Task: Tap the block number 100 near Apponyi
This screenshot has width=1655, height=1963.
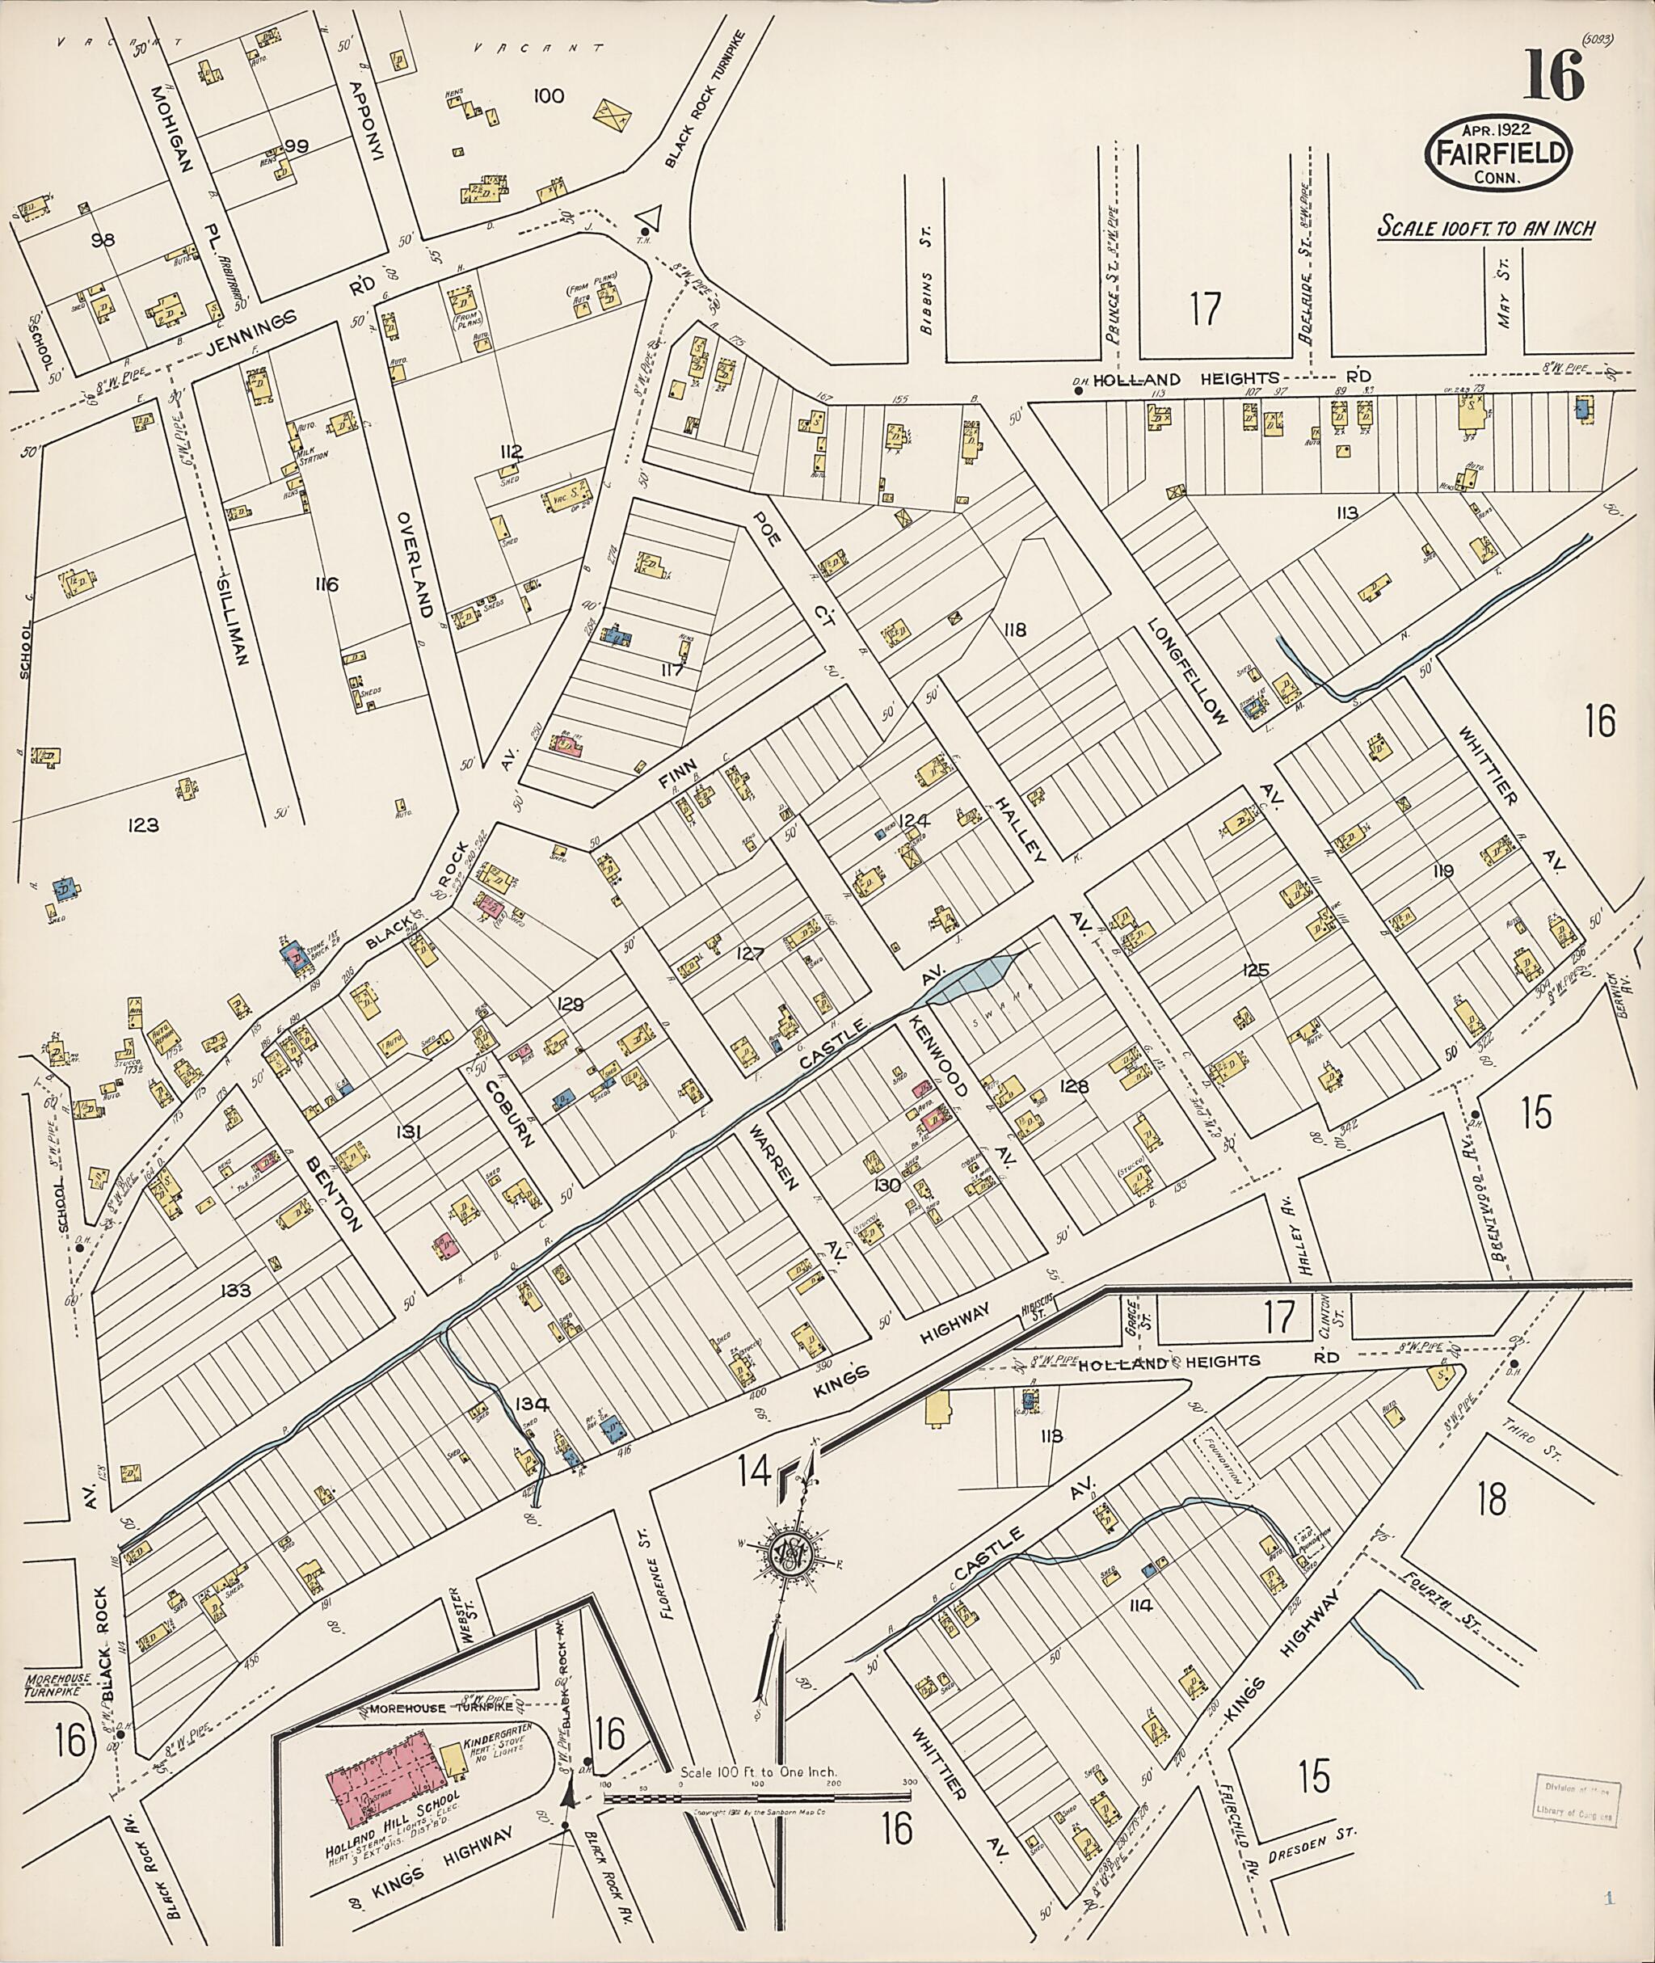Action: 548,95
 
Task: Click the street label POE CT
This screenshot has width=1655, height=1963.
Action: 790,567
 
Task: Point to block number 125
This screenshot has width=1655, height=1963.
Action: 1255,969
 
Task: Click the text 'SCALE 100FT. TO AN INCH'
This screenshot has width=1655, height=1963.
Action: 1485,227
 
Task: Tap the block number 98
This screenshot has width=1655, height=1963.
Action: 103,240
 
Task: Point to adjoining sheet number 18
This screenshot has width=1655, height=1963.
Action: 1491,1498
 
